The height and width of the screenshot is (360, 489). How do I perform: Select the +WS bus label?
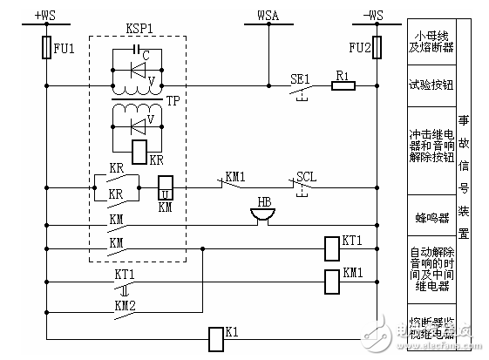44,15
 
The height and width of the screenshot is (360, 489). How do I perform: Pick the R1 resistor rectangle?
343,86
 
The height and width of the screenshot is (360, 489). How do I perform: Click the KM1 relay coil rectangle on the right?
330,281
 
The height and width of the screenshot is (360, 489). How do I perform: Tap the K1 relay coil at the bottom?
217,338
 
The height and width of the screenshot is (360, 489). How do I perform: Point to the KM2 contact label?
126,306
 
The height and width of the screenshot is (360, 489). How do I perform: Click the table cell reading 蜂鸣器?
431,213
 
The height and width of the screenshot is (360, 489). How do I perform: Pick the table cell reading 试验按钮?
431,85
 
